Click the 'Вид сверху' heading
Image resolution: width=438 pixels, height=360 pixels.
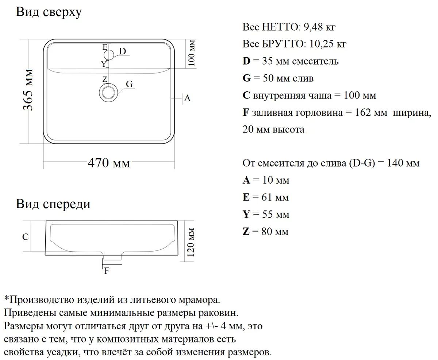49,12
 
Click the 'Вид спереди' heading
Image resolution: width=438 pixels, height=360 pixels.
53,204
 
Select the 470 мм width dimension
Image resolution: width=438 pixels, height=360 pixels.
109,163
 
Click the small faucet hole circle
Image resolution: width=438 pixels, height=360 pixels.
109,55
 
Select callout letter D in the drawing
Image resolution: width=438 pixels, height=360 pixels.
122,51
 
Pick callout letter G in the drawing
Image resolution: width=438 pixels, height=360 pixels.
129,84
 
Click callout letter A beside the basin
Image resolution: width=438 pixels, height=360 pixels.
188,98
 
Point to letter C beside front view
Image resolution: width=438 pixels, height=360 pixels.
25,237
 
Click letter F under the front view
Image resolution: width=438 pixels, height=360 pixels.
107,271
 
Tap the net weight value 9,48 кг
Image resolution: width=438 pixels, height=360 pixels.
317,27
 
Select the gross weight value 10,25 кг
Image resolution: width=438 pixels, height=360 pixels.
327,44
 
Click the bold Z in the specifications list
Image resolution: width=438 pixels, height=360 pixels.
246,231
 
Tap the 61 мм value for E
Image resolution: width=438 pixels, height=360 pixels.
275,197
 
